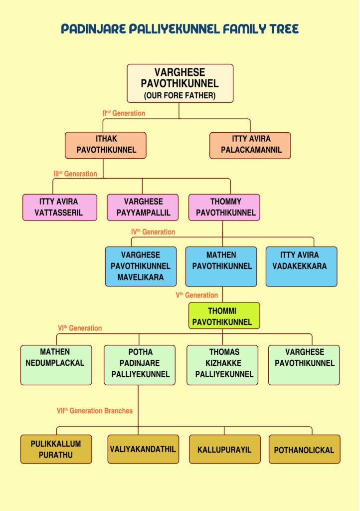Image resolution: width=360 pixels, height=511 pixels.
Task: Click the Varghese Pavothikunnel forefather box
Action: coord(180,83)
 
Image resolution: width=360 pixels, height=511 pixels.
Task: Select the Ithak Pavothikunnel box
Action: coord(106,145)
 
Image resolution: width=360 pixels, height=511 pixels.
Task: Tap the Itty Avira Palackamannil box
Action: coord(250,145)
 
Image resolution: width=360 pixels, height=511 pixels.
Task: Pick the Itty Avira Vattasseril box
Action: coord(60,207)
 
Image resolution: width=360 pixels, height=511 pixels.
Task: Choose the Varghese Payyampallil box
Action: coord(143,207)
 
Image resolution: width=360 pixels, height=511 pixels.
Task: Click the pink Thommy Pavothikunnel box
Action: coord(224,207)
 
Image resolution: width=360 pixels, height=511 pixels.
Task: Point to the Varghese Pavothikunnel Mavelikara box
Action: coord(141,266)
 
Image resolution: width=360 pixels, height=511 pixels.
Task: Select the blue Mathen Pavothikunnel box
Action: coord(221,266)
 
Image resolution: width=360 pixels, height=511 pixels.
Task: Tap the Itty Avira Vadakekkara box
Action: coord(301,266)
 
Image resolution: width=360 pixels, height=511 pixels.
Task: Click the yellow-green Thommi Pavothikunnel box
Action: coord(224,315)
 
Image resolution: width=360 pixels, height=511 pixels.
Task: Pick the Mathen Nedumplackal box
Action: coord(56,365)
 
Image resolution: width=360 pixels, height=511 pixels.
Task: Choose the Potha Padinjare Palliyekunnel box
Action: coord(140,365)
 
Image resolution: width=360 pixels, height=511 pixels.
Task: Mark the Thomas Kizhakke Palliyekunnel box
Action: coord(222,365)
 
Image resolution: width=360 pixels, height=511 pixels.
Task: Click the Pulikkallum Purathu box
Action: coord(56,449)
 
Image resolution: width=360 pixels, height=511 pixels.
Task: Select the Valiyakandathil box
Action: coord(143,449)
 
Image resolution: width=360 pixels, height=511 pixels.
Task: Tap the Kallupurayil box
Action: coord(225,449)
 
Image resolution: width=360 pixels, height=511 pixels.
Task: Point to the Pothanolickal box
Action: coord(304,449)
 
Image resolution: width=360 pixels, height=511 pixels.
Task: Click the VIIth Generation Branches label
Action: coord(95,411)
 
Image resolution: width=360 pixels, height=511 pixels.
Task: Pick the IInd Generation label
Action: coord(124,113)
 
